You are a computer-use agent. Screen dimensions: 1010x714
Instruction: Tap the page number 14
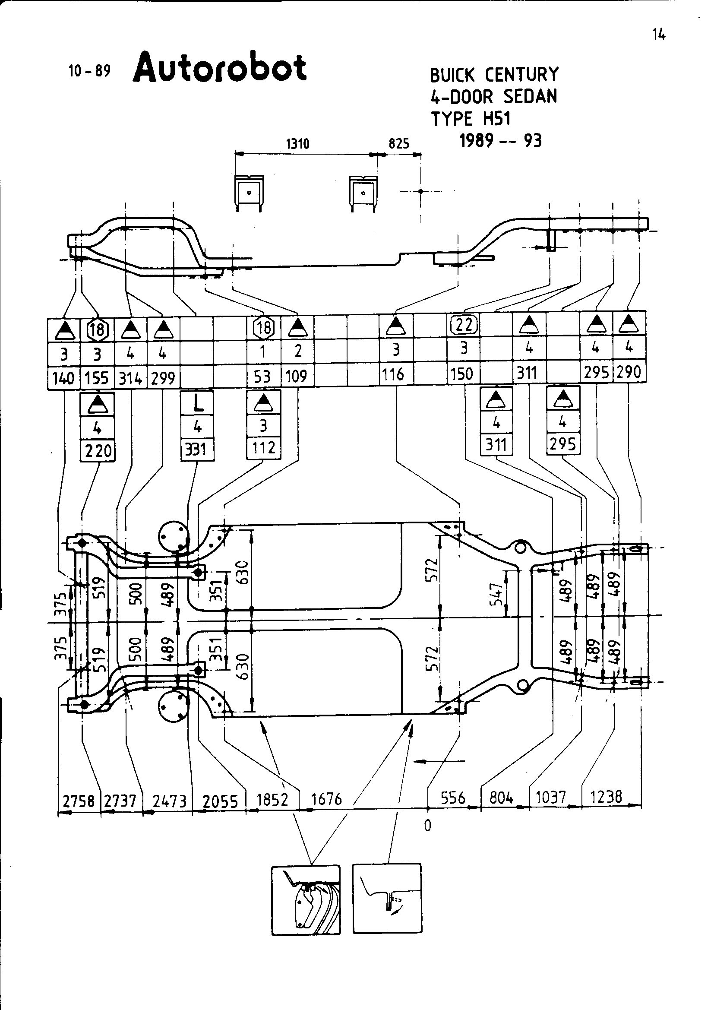[x=659, y=34]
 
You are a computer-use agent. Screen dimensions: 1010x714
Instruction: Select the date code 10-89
[x=89, y=71]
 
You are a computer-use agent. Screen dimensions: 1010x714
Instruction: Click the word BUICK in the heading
[x=452, y=75]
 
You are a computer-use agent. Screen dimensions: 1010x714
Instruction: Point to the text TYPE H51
[x=471, y=119]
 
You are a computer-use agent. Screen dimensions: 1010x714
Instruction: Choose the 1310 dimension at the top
[x=298, y=144]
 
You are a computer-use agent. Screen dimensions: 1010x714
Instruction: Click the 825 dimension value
[x=399, y=144]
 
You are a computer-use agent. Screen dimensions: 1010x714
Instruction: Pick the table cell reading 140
[x=63, y=378]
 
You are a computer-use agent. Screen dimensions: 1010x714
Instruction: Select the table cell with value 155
[x=97, y=378]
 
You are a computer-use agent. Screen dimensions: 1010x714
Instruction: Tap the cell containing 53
[x=262, y=377]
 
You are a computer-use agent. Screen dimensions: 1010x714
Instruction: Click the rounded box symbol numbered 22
[x=464, y=325]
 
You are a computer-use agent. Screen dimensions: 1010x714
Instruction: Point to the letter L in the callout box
[x=198, y=403]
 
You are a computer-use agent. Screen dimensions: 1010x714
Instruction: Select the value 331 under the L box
[x=196, y=450]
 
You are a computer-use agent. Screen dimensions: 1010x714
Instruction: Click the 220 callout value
[x=98, y=451]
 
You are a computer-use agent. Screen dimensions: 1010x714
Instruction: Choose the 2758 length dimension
[x=79, y=801]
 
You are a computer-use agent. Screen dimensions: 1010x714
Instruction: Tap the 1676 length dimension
[x=326, y=799]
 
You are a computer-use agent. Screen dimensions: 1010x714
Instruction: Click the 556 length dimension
[x=453, y=798]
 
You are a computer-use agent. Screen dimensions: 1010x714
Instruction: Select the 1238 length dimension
[x=606, y=797]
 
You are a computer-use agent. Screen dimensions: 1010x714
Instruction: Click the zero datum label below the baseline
[x=428, y=826]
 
